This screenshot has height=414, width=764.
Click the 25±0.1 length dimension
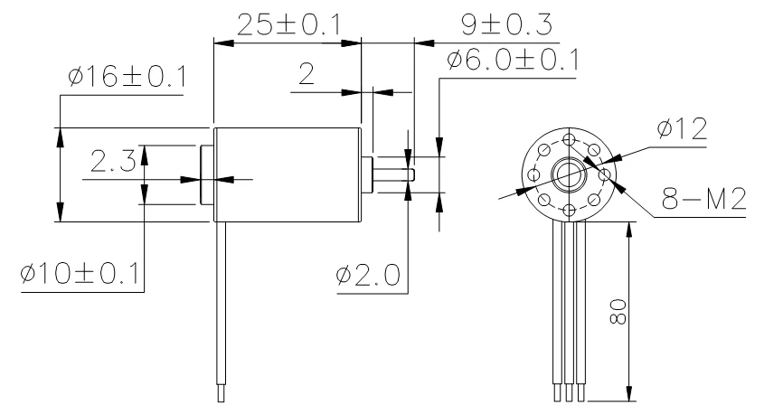pos(289,24)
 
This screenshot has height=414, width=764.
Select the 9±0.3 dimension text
pos(506,24)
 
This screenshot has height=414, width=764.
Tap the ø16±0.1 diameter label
pos(127,77)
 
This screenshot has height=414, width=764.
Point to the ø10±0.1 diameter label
pos(80,273)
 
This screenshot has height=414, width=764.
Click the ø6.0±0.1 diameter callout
pos(513,60)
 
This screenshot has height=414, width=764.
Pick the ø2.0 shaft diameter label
pos(368,275)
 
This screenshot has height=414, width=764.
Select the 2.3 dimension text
pos(113,161)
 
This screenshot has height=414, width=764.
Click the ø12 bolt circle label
pos(682,128)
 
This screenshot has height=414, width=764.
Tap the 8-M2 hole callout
pos(703,199)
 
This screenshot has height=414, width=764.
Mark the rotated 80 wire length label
pos(618,312)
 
